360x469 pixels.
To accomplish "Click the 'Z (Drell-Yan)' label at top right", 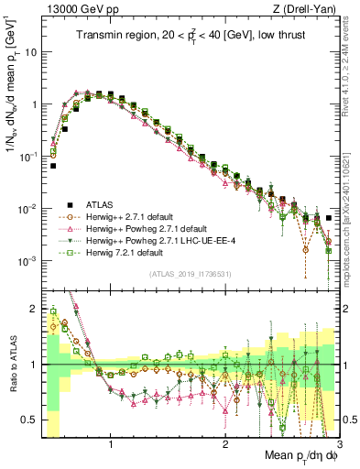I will tap(307, 9).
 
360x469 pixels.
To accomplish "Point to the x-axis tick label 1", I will tap(111, 444).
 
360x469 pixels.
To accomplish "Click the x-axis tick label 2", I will tap(224, 444).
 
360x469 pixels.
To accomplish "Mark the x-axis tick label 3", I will tap(337, 444).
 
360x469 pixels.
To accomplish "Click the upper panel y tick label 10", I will tap(32, 51).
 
